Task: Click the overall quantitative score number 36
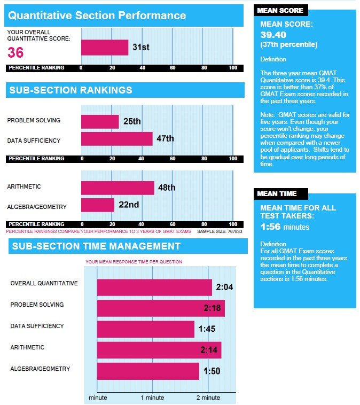[x=15, y=52]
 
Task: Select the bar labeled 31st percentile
[x=105, y=48]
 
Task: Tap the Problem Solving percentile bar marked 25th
[x=100, y=122]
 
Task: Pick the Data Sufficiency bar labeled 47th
[x=117, y=139]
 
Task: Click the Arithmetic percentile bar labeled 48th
[x=118, y=188]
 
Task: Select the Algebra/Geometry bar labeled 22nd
[x=98, y=205]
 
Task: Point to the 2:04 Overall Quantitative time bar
[x=154, y=287]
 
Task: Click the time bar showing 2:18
[x=161, y=308]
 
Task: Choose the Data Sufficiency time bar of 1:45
[x=146, y=329]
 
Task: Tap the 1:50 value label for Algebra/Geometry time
[x=212, y=371]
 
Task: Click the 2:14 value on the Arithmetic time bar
[x=209, y=350]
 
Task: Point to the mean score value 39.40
[x=273, y=35]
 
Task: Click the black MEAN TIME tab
[x=281, y=194]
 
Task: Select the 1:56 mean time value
[x=270, y=227]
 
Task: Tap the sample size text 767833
[x=220, y=231]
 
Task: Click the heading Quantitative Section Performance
[x=97, y=15]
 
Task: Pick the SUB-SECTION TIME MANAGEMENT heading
[x=96, y=246]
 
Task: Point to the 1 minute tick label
[x=152, y=398]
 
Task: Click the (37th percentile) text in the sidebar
[x=289, y=45]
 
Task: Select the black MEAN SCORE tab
[x=281, y=10]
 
